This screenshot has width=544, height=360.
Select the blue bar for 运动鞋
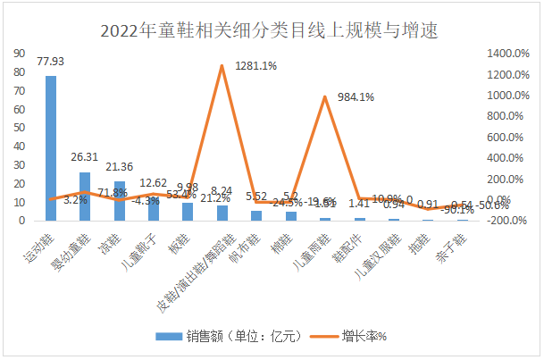[51, 147]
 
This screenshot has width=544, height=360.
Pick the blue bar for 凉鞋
[119, 200]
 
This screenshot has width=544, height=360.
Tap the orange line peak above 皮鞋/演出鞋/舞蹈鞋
[222, 65]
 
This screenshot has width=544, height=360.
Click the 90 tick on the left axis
[18, 53]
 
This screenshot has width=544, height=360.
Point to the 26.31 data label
[85, 157]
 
